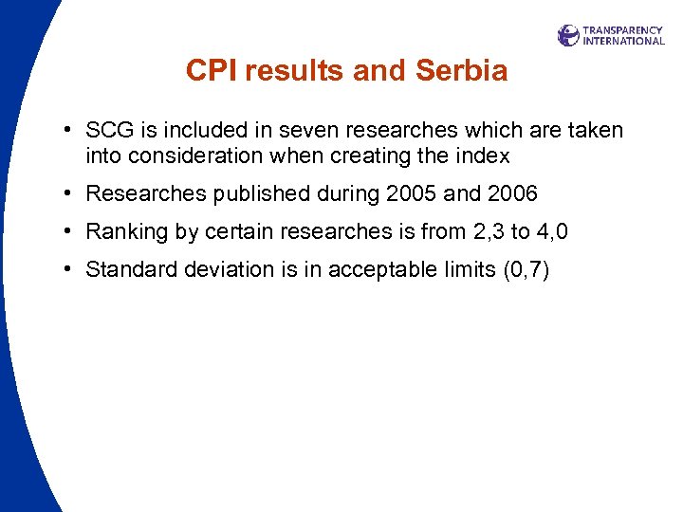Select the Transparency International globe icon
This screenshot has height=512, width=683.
(568, 35)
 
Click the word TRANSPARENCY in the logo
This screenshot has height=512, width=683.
(623, 29)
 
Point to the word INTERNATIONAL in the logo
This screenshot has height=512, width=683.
(623, 41)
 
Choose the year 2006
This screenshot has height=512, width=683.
(512, 194)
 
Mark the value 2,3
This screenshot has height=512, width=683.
(487, 232)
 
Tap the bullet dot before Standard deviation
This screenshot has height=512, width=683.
(71, 269)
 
